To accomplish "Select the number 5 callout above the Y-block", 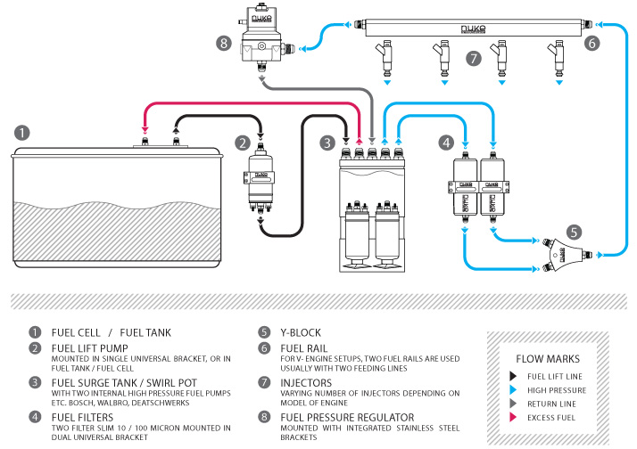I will pos(575,232).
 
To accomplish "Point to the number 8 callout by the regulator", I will pos(223,41).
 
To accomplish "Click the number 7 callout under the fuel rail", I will pos(473,59).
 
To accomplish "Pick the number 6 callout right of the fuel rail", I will pos(593,42).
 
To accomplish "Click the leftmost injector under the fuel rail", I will pos(386,55).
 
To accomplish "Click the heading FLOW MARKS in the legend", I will pos(547,358).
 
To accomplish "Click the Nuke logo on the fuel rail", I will pos(473,29).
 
